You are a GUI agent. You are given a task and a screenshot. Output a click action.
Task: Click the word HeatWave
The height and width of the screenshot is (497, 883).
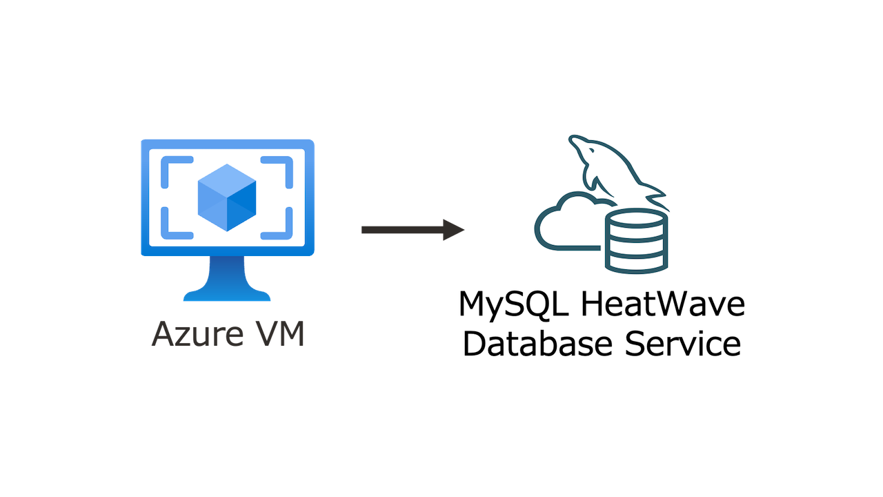[665, 304]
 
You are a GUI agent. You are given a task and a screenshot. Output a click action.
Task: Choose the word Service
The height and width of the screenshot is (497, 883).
[683, 343]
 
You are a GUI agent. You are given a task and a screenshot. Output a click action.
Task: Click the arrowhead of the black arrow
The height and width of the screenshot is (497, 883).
[454, 230]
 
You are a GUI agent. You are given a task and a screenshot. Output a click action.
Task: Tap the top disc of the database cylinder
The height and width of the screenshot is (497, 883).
[636, 220]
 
